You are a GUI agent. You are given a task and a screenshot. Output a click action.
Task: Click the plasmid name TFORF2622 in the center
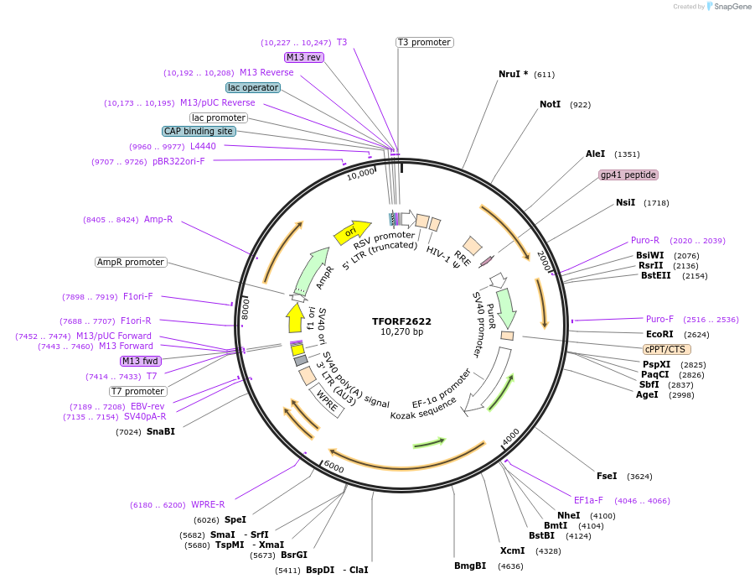coord(401,321)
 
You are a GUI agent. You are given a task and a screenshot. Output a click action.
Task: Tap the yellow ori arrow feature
coord(352,232)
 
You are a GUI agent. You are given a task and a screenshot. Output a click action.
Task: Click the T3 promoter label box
coord(424,42)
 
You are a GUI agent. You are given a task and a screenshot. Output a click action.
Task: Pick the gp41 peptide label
coord(628,175)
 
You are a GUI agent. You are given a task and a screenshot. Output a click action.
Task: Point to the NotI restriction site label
coord(550,105)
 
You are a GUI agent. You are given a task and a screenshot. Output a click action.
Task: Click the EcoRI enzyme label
coord(659,334)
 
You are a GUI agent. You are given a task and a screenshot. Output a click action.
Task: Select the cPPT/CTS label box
coord(665,349)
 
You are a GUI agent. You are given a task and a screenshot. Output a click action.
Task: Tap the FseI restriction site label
coord(606,476)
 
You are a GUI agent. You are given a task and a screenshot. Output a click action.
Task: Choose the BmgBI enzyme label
coord(470,566)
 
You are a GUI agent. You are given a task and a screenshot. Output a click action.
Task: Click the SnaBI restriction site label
coord(161,431)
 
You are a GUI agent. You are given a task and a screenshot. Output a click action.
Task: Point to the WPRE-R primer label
coord(208,504)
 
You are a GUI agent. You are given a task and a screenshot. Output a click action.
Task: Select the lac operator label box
coord(253,87)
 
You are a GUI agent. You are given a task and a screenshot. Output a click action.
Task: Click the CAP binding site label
coord(199,131)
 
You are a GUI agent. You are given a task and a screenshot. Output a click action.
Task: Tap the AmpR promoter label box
coord(131,262)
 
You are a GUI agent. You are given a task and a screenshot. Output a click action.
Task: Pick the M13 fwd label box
coord(140,361)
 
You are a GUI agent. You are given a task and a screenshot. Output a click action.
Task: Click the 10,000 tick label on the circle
coord(360,174)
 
